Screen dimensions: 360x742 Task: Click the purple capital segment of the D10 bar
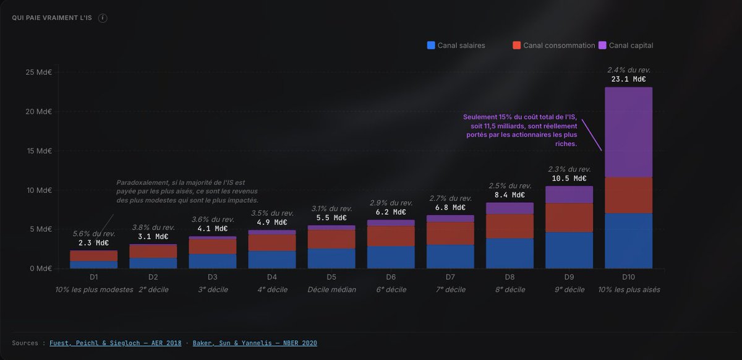coord(628,132)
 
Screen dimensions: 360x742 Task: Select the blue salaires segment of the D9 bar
coord(569,250)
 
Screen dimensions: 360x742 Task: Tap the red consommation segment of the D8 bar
coord(510,226)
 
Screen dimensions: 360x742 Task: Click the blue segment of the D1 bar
coord(94,264)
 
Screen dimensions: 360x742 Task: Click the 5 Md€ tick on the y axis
coord(40,229)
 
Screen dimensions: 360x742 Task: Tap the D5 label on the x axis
coord(331,276)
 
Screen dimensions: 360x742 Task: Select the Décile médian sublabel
coord(331,289)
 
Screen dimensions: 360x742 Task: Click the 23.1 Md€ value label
coord(628,79)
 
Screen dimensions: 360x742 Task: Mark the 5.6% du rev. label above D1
coord(94,234)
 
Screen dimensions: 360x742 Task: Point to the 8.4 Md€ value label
coord(510,195)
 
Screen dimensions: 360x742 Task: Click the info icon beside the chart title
coord(103,18)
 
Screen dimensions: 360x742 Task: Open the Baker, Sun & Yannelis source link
coord(255,343)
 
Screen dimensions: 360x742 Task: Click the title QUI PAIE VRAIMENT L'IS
coord(52,18)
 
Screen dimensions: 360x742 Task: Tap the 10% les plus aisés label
coord(628,289)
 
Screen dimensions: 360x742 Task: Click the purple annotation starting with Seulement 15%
coord(521,130)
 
